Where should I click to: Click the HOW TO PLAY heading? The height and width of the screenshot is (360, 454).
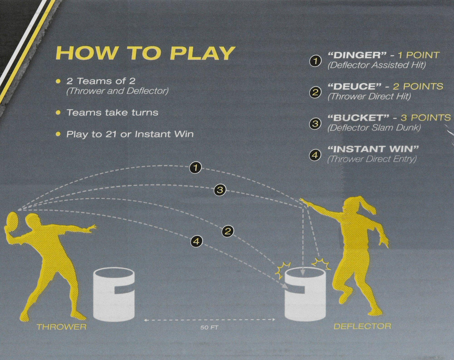click(x=146, y=53)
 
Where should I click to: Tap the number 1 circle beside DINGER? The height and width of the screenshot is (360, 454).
click(x=315, y=61)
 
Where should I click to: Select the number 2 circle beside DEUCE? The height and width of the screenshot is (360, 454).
click(x=315, y=92)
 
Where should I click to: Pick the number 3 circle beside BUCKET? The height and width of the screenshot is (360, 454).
click(x=315, y=124)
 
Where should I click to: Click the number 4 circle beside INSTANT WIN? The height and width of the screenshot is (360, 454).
click(x=315, y=155)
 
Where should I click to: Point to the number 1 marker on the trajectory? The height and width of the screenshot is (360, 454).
click(x=196, y=168)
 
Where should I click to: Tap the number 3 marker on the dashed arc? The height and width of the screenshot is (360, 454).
click(x=220, y=190)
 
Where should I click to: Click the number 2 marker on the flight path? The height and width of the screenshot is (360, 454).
click(x=228, y=231)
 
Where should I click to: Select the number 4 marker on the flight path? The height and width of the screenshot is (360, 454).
click(x=196, y=241)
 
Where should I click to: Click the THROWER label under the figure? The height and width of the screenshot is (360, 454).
click(x=62, y=327)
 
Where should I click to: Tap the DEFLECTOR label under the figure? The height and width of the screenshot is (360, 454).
click(x=362, y=326)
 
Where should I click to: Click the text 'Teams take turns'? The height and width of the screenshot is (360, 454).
click(x=112, y=112)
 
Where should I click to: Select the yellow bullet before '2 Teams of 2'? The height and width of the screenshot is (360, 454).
click(x=58, y=81)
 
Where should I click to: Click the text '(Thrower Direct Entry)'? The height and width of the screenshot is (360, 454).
click(x=372, y=160)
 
